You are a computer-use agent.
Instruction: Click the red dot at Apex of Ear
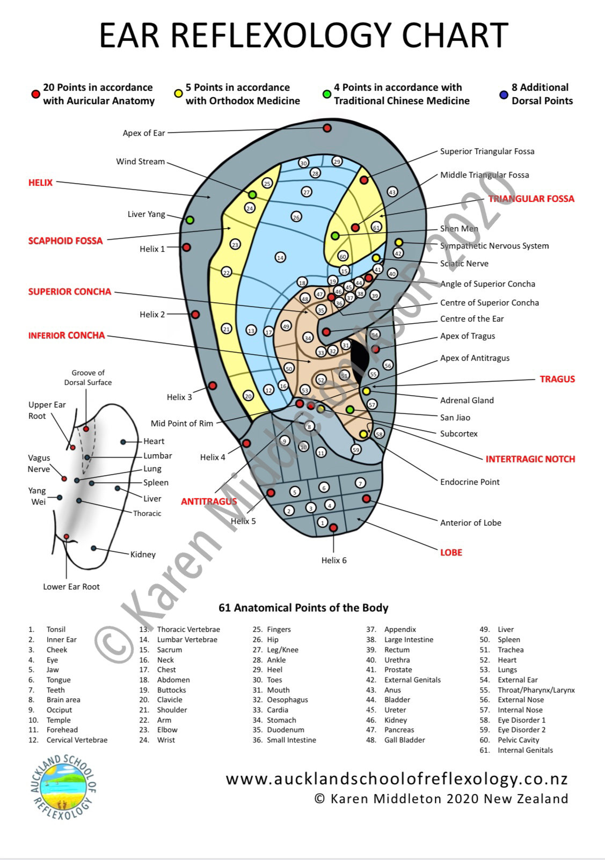327,128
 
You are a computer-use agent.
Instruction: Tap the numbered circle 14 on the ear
280,258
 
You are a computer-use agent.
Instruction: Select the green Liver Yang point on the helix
189,220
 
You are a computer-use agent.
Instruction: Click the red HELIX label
40,183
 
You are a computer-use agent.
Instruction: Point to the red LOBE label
451,552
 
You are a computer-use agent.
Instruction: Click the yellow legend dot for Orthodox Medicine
178,94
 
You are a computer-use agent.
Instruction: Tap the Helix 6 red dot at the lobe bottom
333,528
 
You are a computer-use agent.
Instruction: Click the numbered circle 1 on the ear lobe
322,522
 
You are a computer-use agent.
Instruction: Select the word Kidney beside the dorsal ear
143,555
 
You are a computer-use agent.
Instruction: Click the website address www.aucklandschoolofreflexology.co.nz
396,779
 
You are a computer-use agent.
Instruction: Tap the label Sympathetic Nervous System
494,246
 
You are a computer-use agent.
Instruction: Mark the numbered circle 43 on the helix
392,192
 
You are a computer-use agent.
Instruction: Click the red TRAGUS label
557,379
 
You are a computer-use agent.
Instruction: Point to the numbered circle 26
296,217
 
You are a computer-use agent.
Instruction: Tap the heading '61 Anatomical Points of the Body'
303,608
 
